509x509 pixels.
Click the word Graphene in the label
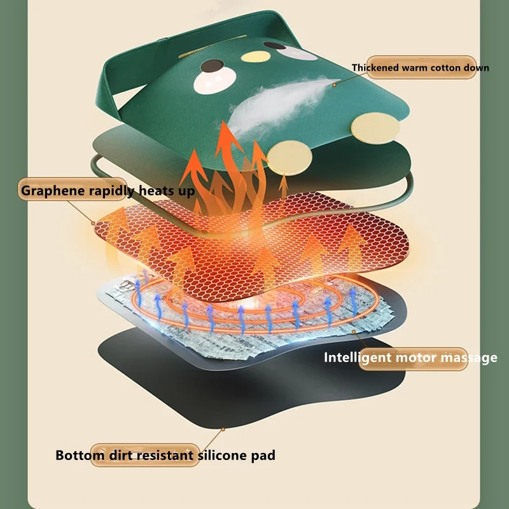click(x=49, y=190)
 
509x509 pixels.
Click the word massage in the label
click(x=467, y=358)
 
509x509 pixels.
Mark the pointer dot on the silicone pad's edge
click(x=223, y=430)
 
